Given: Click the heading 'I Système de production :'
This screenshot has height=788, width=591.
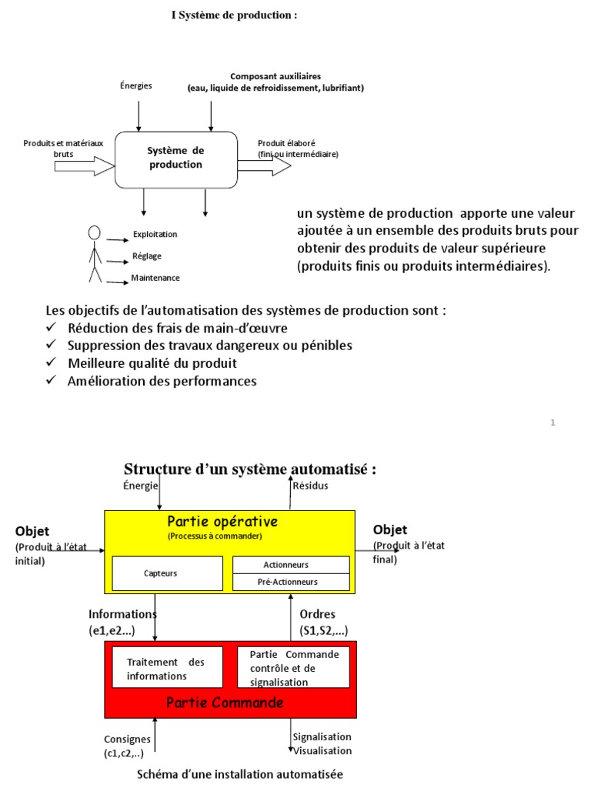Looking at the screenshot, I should click(x=234, y=15).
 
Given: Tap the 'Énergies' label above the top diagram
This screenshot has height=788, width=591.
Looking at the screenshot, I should click(x=137, y=85).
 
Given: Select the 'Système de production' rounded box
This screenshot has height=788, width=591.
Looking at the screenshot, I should click(x=175, y=159).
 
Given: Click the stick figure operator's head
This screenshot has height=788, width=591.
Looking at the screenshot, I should click(x=95, y=232).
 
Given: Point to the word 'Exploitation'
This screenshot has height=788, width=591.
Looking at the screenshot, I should click(x=154, y=234).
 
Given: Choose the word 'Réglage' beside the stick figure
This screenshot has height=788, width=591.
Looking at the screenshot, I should click(x=146, y=256).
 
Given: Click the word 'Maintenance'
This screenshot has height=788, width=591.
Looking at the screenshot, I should click(x=155, y=278).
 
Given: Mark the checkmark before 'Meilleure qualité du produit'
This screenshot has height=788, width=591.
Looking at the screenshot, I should click(x=52, y=362).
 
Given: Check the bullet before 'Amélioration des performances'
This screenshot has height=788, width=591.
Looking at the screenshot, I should click(x=52, y=381).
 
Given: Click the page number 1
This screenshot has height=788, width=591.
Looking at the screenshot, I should click(x=553, y=422).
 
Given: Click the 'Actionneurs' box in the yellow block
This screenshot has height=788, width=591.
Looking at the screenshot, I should click(x=291, y=565).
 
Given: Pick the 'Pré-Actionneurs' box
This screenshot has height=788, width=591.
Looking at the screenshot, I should click(x=291, y=583).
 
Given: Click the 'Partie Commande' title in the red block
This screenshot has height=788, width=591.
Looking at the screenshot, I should click(x=225, y=703).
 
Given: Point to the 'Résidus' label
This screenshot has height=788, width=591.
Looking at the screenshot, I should click(x=310, y=486).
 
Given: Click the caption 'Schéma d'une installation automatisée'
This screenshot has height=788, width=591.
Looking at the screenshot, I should click(x=240, y=773).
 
